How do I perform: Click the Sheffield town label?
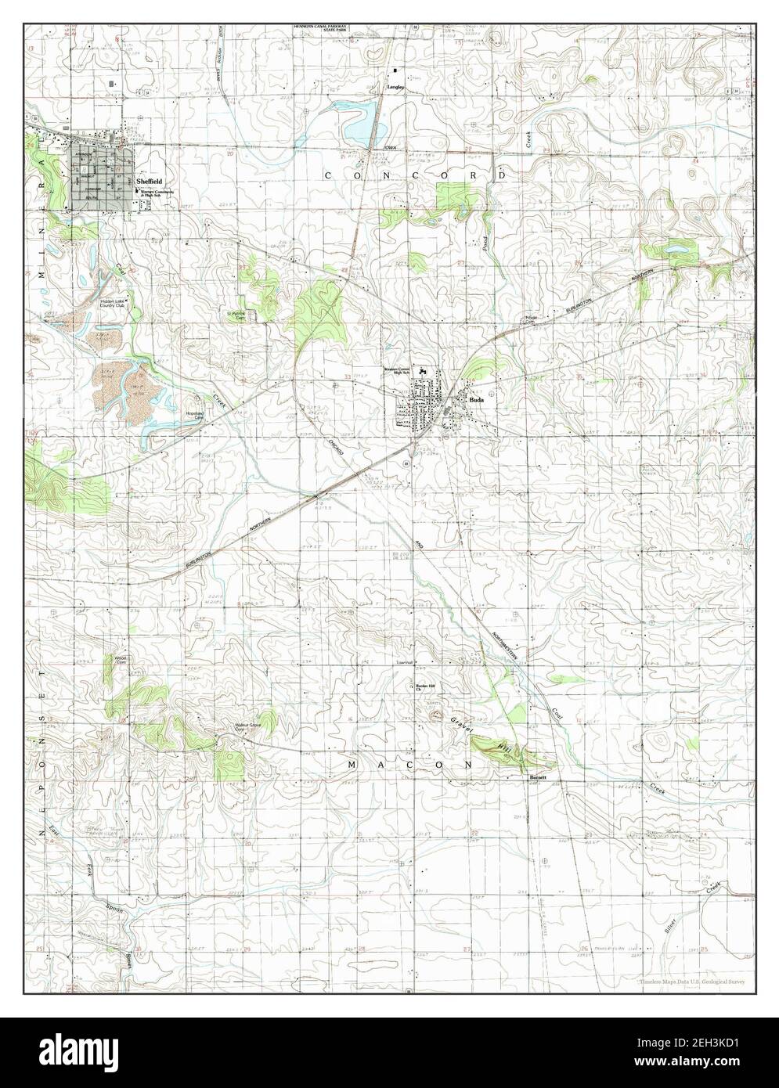pyautogui.click(x=149, y=180)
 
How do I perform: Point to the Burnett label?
pyautogui.click(x=537, y=777)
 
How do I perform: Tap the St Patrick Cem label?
pyautogui.click(x=237, y=315)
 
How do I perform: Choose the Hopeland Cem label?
pyautogui.click(x=194, y=416)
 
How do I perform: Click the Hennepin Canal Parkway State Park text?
pyautogui.click(x=321, y=28)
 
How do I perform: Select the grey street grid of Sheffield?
pyautogui.click(x=101, y=180)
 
